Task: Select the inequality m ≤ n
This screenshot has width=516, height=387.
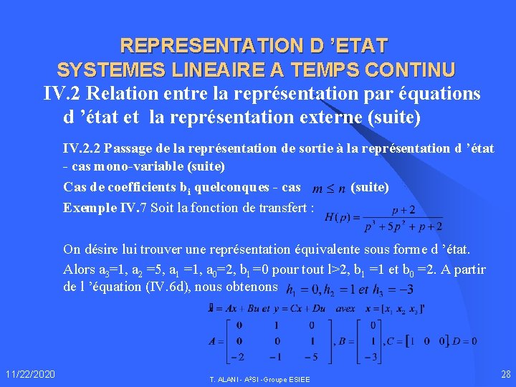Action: coord(330,188)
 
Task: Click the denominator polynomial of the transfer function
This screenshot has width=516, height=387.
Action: coord(398,226)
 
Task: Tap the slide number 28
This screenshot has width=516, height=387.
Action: coord(506,374)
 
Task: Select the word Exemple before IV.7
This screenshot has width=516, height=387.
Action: coord(88,208)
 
